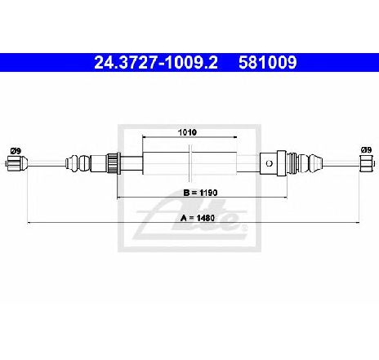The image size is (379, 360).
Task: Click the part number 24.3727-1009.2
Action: (x=156, y=62)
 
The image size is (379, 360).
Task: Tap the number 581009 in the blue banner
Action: (x=267, y=62)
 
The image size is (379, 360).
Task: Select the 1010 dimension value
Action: (x=187, y=132)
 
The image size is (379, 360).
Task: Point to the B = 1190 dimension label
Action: (x=200, y=193)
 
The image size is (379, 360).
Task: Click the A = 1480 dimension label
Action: (x=198, y=218)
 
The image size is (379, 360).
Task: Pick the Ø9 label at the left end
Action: (x=16, y=150)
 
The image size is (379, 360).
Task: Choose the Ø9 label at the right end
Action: (x=366, y=149)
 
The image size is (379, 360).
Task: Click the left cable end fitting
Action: (x=16, y=163)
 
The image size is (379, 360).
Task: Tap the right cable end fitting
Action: (x=367, y=163)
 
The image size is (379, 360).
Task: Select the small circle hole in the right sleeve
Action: (x=269, y=163)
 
